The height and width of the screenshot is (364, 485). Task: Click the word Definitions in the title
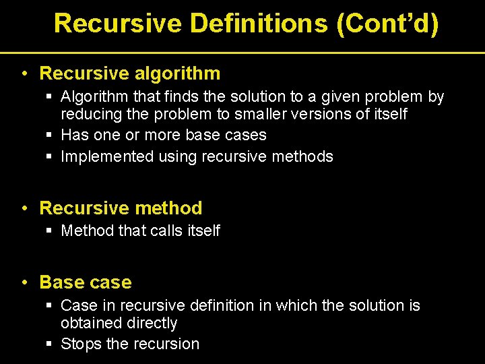[x=258, y=23]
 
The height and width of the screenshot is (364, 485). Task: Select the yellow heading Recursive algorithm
[x=130, y=73]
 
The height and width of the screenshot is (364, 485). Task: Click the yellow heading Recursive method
[x=121, y=208]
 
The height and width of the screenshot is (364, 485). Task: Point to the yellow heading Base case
[x=86, y=282]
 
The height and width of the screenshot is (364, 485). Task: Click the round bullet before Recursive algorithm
[x=24, y=73]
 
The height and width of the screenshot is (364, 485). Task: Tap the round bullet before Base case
[x=24, y=282]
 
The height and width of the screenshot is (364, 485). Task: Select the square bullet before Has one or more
[x=49, y=135]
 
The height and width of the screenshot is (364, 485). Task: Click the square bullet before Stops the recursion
[x=49, y=344]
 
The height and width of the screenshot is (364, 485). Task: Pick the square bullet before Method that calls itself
[x=49, y=231]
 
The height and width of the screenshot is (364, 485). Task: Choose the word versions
[x=329, y=115]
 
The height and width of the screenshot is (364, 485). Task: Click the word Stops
[x=81, y=344]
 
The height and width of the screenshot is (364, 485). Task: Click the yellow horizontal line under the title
[x=243, y=52]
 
